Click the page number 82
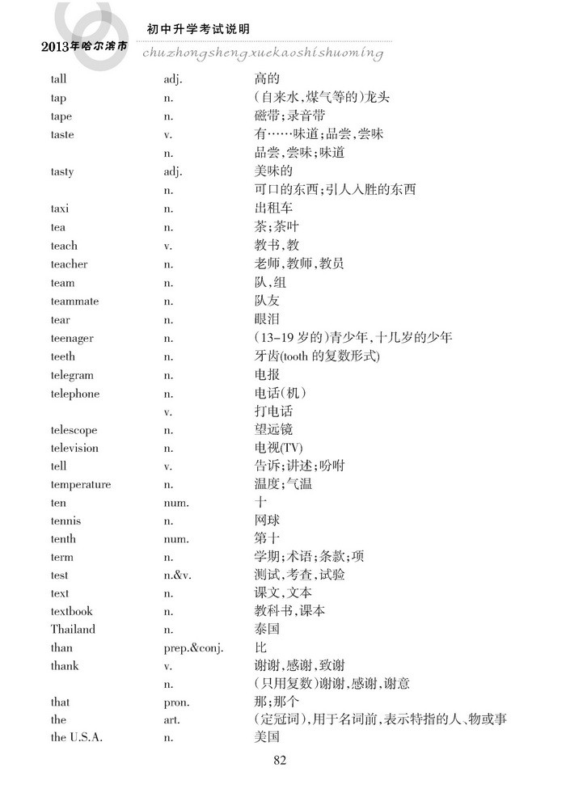pyautogui.click(x=281, y=759)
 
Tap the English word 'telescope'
pyautogui.click(x=74, y=430)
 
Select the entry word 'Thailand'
pyautogui.click(x=73, y=629)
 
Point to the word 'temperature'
pyautogui.click(x=81, y=485)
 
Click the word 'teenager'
pyautogui.click(x=72, y=338)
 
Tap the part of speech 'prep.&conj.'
pyautogui.click(x=193, y=647)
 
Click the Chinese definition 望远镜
pyautogui.click(x=272, y=430)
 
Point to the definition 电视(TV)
pyautogui.click(x=279, y=448)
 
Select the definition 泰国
pyautogui.click(x=267, y=629)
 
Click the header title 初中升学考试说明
pyautogui.click(x=198, y=29)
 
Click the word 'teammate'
pyautogui.click(x=74, y=301)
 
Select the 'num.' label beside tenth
pyautogui.click(x=175, y=539)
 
